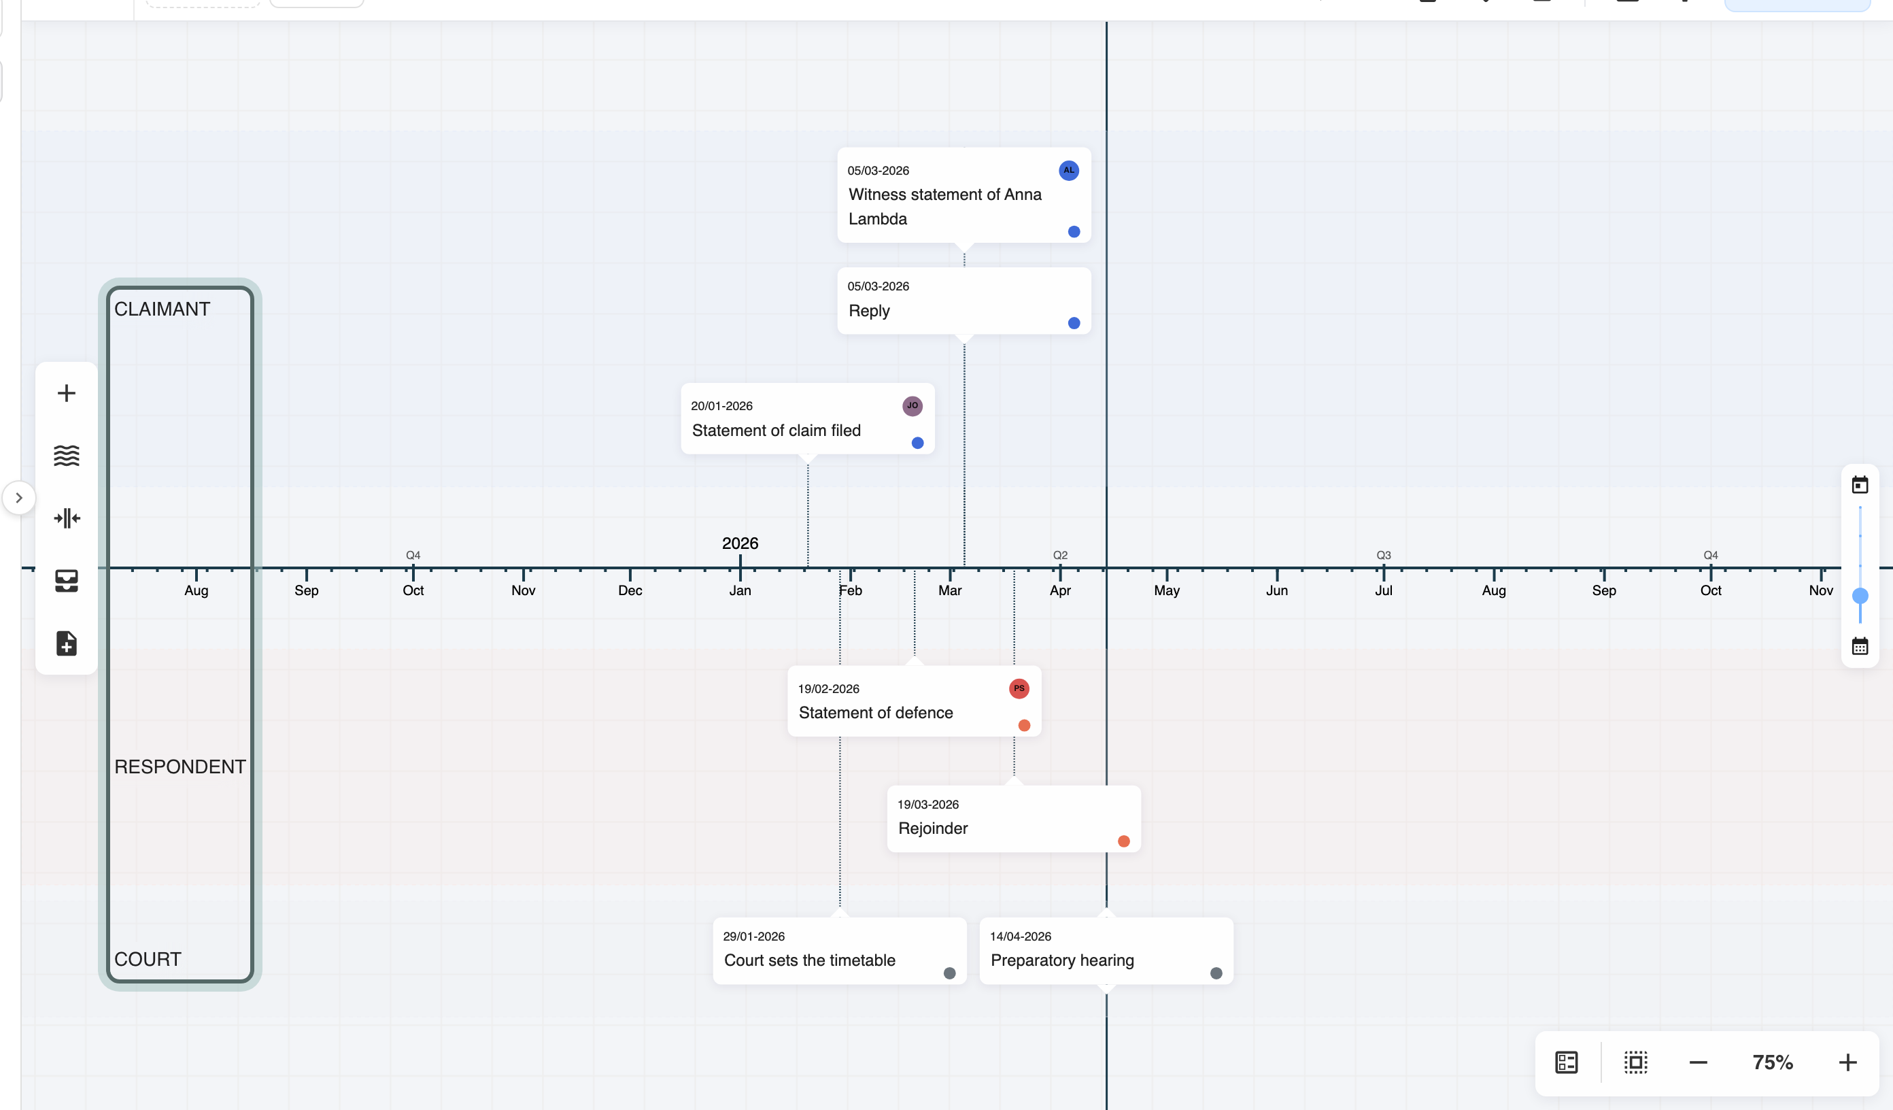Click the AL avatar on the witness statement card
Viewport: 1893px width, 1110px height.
pyautogui.click(x=1068, y=171)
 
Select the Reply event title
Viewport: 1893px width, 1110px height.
pyautogui.click(x=869, y=311)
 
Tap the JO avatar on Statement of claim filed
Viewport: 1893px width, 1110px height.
pyautogui.click(x=912, y=406)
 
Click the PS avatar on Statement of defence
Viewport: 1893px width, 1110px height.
pyautogui.click(x=1019, y=688)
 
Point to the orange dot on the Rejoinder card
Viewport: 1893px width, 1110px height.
pyautogui.click(x=1124, y=841)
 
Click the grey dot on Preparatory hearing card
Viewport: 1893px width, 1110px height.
pyautogui.click(x=1216, y=973)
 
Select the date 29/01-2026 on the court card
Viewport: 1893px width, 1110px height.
pyautogui.click(x=753, y=937)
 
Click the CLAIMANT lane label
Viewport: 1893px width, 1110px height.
pyautogui.click(x=163, y=309)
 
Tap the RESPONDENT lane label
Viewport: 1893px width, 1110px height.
pyautogui.click(x=180, y=767)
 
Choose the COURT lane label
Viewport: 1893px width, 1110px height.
pyautogui.click(x=148, y=959)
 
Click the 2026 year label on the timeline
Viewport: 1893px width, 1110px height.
pyautogui.click(x=740, y=543)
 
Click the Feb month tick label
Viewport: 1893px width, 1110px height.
pyautogui.click(x=851, y=590)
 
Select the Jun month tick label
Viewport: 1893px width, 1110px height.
pyautogui.click(x=1276, y=590)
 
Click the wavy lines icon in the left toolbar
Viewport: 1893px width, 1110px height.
pyautogui.click(x=67, y=456)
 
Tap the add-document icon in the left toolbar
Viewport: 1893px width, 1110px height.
pyautogui.click(x=67, y=643)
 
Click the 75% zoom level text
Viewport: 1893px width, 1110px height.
pyautogui.click(x=1773, y=1062)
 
